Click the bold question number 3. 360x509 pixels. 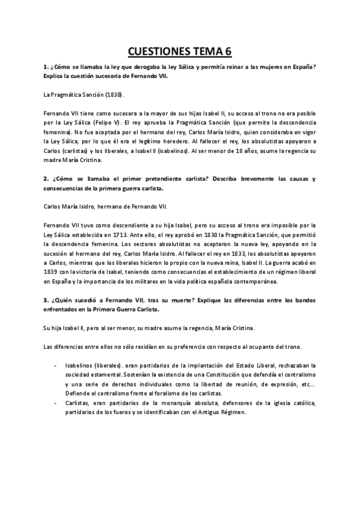pyautogui.click(x=47, y=299)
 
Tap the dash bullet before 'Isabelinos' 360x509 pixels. pyautogui.click(x=56, y=364)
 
